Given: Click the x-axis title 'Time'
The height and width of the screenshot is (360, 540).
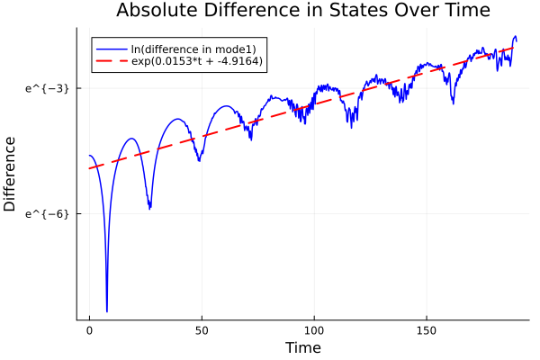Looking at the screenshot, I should [302, 347].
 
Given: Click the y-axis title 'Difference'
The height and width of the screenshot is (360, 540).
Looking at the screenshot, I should [11, 174].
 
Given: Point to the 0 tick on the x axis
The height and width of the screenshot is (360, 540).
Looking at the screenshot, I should [89, 331].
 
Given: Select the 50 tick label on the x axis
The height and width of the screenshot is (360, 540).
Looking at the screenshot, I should [202, 331].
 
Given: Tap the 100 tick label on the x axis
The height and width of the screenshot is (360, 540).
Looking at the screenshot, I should [314, 331].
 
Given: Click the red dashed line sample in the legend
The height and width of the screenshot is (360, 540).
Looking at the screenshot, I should [111, 61].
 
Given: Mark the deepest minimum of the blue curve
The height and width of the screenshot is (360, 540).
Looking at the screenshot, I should [106, 311].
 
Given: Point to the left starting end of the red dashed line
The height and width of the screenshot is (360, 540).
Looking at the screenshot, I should [89, 168].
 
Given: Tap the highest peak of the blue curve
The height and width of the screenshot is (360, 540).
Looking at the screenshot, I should [515, 37].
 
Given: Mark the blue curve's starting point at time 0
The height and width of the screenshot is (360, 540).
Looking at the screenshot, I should [89, 156].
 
